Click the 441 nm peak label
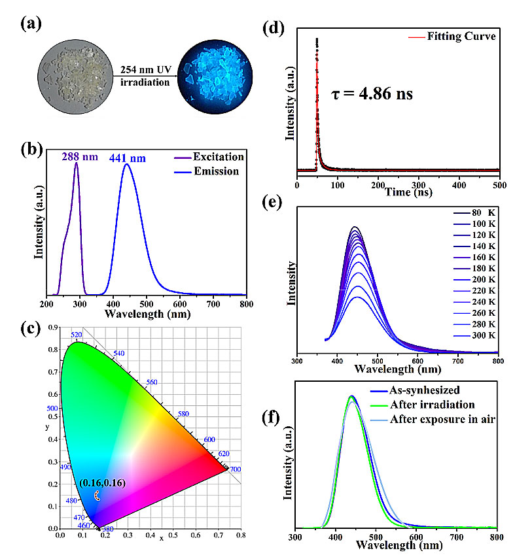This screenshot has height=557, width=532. click(128, 158)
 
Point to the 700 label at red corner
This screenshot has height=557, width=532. click(234, 469)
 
